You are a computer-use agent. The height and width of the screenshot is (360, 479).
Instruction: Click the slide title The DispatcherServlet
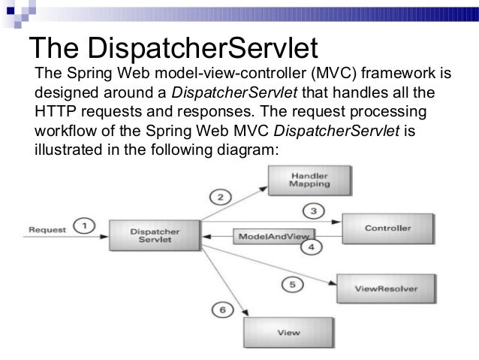(x=173, y=47)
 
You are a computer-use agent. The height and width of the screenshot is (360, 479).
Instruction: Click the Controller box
(x=387, y=227)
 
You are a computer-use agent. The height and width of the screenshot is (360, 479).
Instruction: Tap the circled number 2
(x=219, y=198)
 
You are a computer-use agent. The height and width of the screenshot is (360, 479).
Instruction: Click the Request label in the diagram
(x=47, y=227)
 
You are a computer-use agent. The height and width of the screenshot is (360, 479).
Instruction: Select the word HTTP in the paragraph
(x=54, y=112)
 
